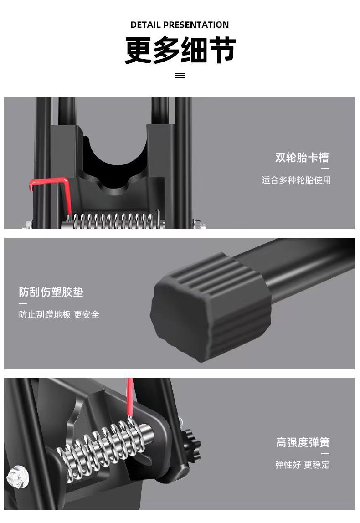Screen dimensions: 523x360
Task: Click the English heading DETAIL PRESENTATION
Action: [x=180, y=25]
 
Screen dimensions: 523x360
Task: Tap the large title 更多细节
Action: [x=180, y=50]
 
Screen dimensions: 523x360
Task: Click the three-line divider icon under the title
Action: [x=180, y=76]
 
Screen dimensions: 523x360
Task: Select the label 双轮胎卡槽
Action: [x=302, y=158]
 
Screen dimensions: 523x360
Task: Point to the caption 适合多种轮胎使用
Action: [x=296, y=180]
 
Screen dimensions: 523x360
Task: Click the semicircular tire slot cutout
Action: [x=114, y=162]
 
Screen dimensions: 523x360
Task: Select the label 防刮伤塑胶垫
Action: [x=51, y=292]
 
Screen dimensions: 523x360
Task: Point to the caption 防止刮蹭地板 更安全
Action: [x=59, y=314]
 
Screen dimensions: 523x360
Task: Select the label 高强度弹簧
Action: [x=303, y=442]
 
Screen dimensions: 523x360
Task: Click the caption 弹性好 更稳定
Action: [x=302, y=465]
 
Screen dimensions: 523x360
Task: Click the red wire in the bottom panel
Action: [x=130, y=396]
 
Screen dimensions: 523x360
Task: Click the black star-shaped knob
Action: [x=192, y=445]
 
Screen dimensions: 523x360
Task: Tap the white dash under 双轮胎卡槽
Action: [x=325, y=169]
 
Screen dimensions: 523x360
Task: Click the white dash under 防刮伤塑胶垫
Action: [x=23, y=303]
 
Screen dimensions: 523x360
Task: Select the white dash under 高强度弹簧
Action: [x=325, y=453]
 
